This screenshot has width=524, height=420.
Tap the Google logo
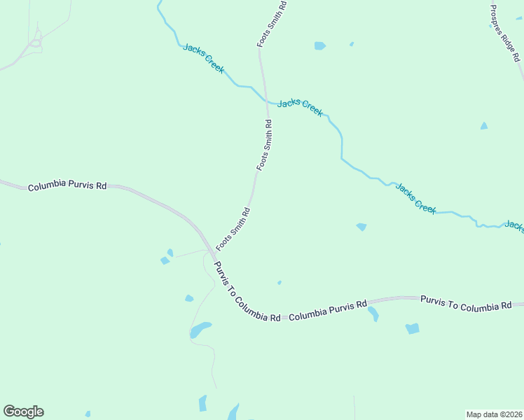(23, 412)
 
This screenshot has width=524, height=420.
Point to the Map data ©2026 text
(494, 414)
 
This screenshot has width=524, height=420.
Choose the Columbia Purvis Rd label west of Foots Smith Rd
(67, 186)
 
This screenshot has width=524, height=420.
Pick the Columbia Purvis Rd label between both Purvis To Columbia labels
(328, 310)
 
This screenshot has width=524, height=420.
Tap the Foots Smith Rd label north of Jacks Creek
(273, 24)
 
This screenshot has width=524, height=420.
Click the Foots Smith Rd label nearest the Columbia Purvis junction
(233, 229)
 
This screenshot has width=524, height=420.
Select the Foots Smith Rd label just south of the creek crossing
(264, 145)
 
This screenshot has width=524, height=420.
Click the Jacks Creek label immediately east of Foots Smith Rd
(300, 107)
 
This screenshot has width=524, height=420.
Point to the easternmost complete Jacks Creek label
(415, 197)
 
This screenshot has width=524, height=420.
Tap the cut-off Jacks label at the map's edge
(514, 226)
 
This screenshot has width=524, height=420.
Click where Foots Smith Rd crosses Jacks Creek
(266, 102)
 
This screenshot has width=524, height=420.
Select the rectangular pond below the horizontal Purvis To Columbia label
(412, 328)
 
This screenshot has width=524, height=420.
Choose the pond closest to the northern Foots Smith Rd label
(319, 46)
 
